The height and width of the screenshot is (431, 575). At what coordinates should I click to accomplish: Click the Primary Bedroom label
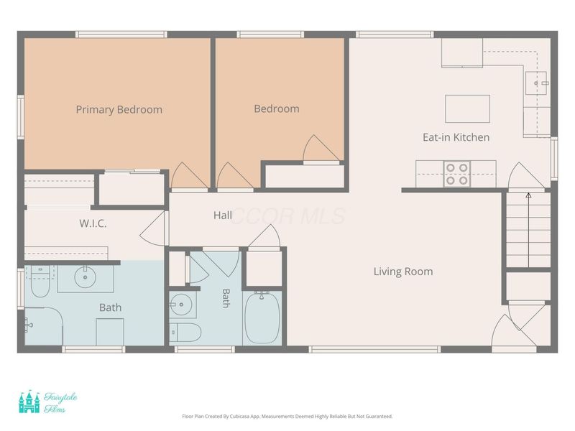tap(119, 110)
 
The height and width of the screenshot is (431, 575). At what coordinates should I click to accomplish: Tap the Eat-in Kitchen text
tap(456, 137)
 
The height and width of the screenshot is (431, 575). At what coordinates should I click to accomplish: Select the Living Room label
tap(403, 272)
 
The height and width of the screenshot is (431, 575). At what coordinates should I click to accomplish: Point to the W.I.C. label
tap(93, 223)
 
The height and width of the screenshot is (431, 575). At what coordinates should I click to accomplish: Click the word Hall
tap(223, 215)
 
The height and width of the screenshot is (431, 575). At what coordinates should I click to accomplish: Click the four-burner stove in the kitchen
tap(457, 174)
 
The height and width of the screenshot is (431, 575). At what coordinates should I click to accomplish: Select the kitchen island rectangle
tap(468, 109)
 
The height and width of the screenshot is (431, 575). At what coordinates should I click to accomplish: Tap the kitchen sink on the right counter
tap(535, 83)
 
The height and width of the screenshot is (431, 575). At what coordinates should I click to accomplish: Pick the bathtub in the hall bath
tap(262, 318)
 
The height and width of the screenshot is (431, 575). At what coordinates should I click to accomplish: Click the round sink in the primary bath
tap(85, 277)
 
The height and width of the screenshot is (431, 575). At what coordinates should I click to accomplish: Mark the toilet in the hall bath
tap(185, 332)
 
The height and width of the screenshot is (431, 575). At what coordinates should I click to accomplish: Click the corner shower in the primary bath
tap(44, 326)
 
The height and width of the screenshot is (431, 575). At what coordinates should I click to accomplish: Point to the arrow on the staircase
tap(528, 230)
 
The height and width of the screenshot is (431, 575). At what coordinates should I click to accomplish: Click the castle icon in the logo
tap(29, 402)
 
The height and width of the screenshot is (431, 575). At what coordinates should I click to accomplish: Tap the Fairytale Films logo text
tap(60, 402)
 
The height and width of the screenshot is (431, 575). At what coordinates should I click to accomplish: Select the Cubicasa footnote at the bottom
tap(287, 417)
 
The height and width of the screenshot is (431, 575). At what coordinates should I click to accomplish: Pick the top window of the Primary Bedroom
tap(121, 34)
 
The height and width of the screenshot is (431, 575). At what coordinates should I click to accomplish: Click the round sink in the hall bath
tap(181, 304)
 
